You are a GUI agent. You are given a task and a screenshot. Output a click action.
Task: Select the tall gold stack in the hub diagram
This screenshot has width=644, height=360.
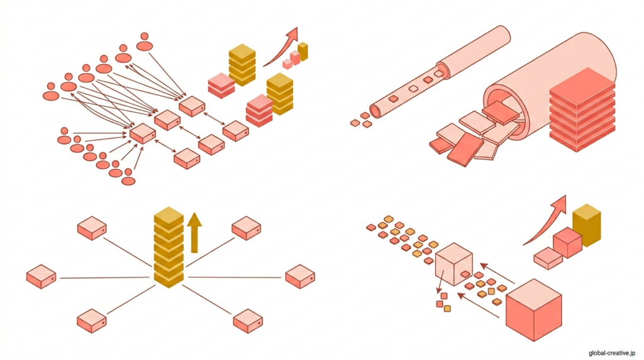click(169, 249)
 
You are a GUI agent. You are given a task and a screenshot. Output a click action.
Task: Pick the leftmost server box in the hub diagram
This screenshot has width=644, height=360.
click(42, 276)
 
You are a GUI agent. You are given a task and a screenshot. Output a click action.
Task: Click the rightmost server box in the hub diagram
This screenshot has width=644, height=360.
click(300, 276)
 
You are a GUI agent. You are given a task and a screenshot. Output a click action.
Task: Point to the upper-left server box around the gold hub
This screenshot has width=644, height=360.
click(92, 227)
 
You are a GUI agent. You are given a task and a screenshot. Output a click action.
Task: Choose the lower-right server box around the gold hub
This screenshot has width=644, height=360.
click(247, 320)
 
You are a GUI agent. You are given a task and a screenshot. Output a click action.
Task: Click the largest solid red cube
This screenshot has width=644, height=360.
click(533, 310)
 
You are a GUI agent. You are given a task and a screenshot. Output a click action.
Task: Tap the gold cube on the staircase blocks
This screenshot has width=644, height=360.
click(586, 224)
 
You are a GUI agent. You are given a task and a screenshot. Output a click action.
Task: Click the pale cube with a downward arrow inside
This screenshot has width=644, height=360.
click(453, 262)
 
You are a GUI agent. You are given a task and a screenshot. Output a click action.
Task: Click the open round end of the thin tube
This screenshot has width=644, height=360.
click(375, 111)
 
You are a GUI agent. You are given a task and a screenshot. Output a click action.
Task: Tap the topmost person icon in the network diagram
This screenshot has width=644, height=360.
click(145, 42)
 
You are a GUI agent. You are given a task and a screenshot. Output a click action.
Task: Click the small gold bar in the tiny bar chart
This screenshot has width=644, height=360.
click(303, 51)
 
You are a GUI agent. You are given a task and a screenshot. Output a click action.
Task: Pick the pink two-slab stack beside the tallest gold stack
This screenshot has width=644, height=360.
click(221, 85)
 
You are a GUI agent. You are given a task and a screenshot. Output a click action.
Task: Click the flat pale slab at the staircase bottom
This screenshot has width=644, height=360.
click(548, 257)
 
